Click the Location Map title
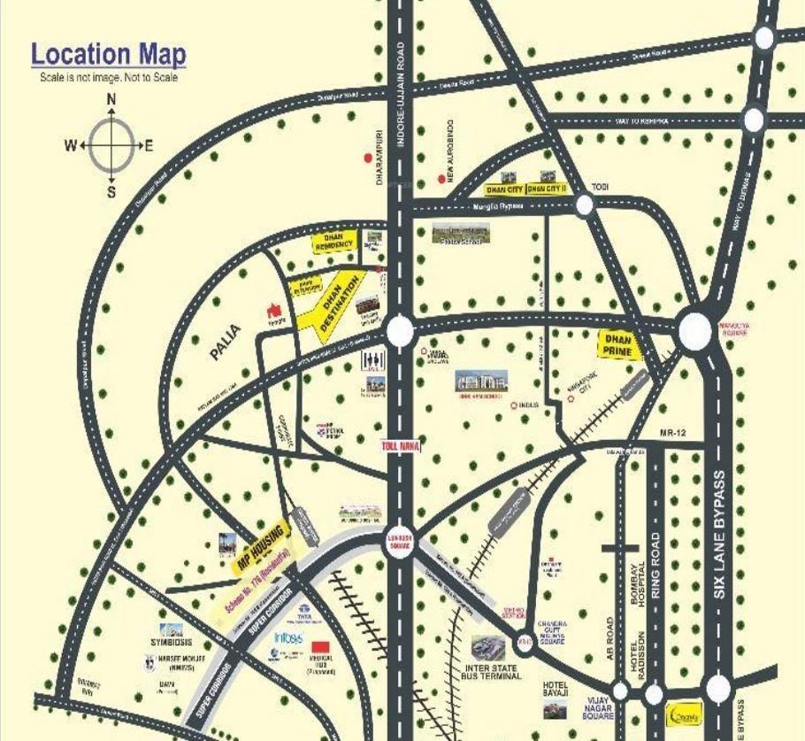click(x=109, y=54)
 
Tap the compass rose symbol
click(x=111, y=145)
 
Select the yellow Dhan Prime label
click(x=619, y=345)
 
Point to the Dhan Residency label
click(x=334, y=241)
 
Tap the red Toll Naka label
click(x=397, y=448)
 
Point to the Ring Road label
click(x=655, y=567)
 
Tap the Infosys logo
click(x=288, y=637)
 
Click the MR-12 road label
click(x=673, y=432)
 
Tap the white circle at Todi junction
click(x=585, y=205)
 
